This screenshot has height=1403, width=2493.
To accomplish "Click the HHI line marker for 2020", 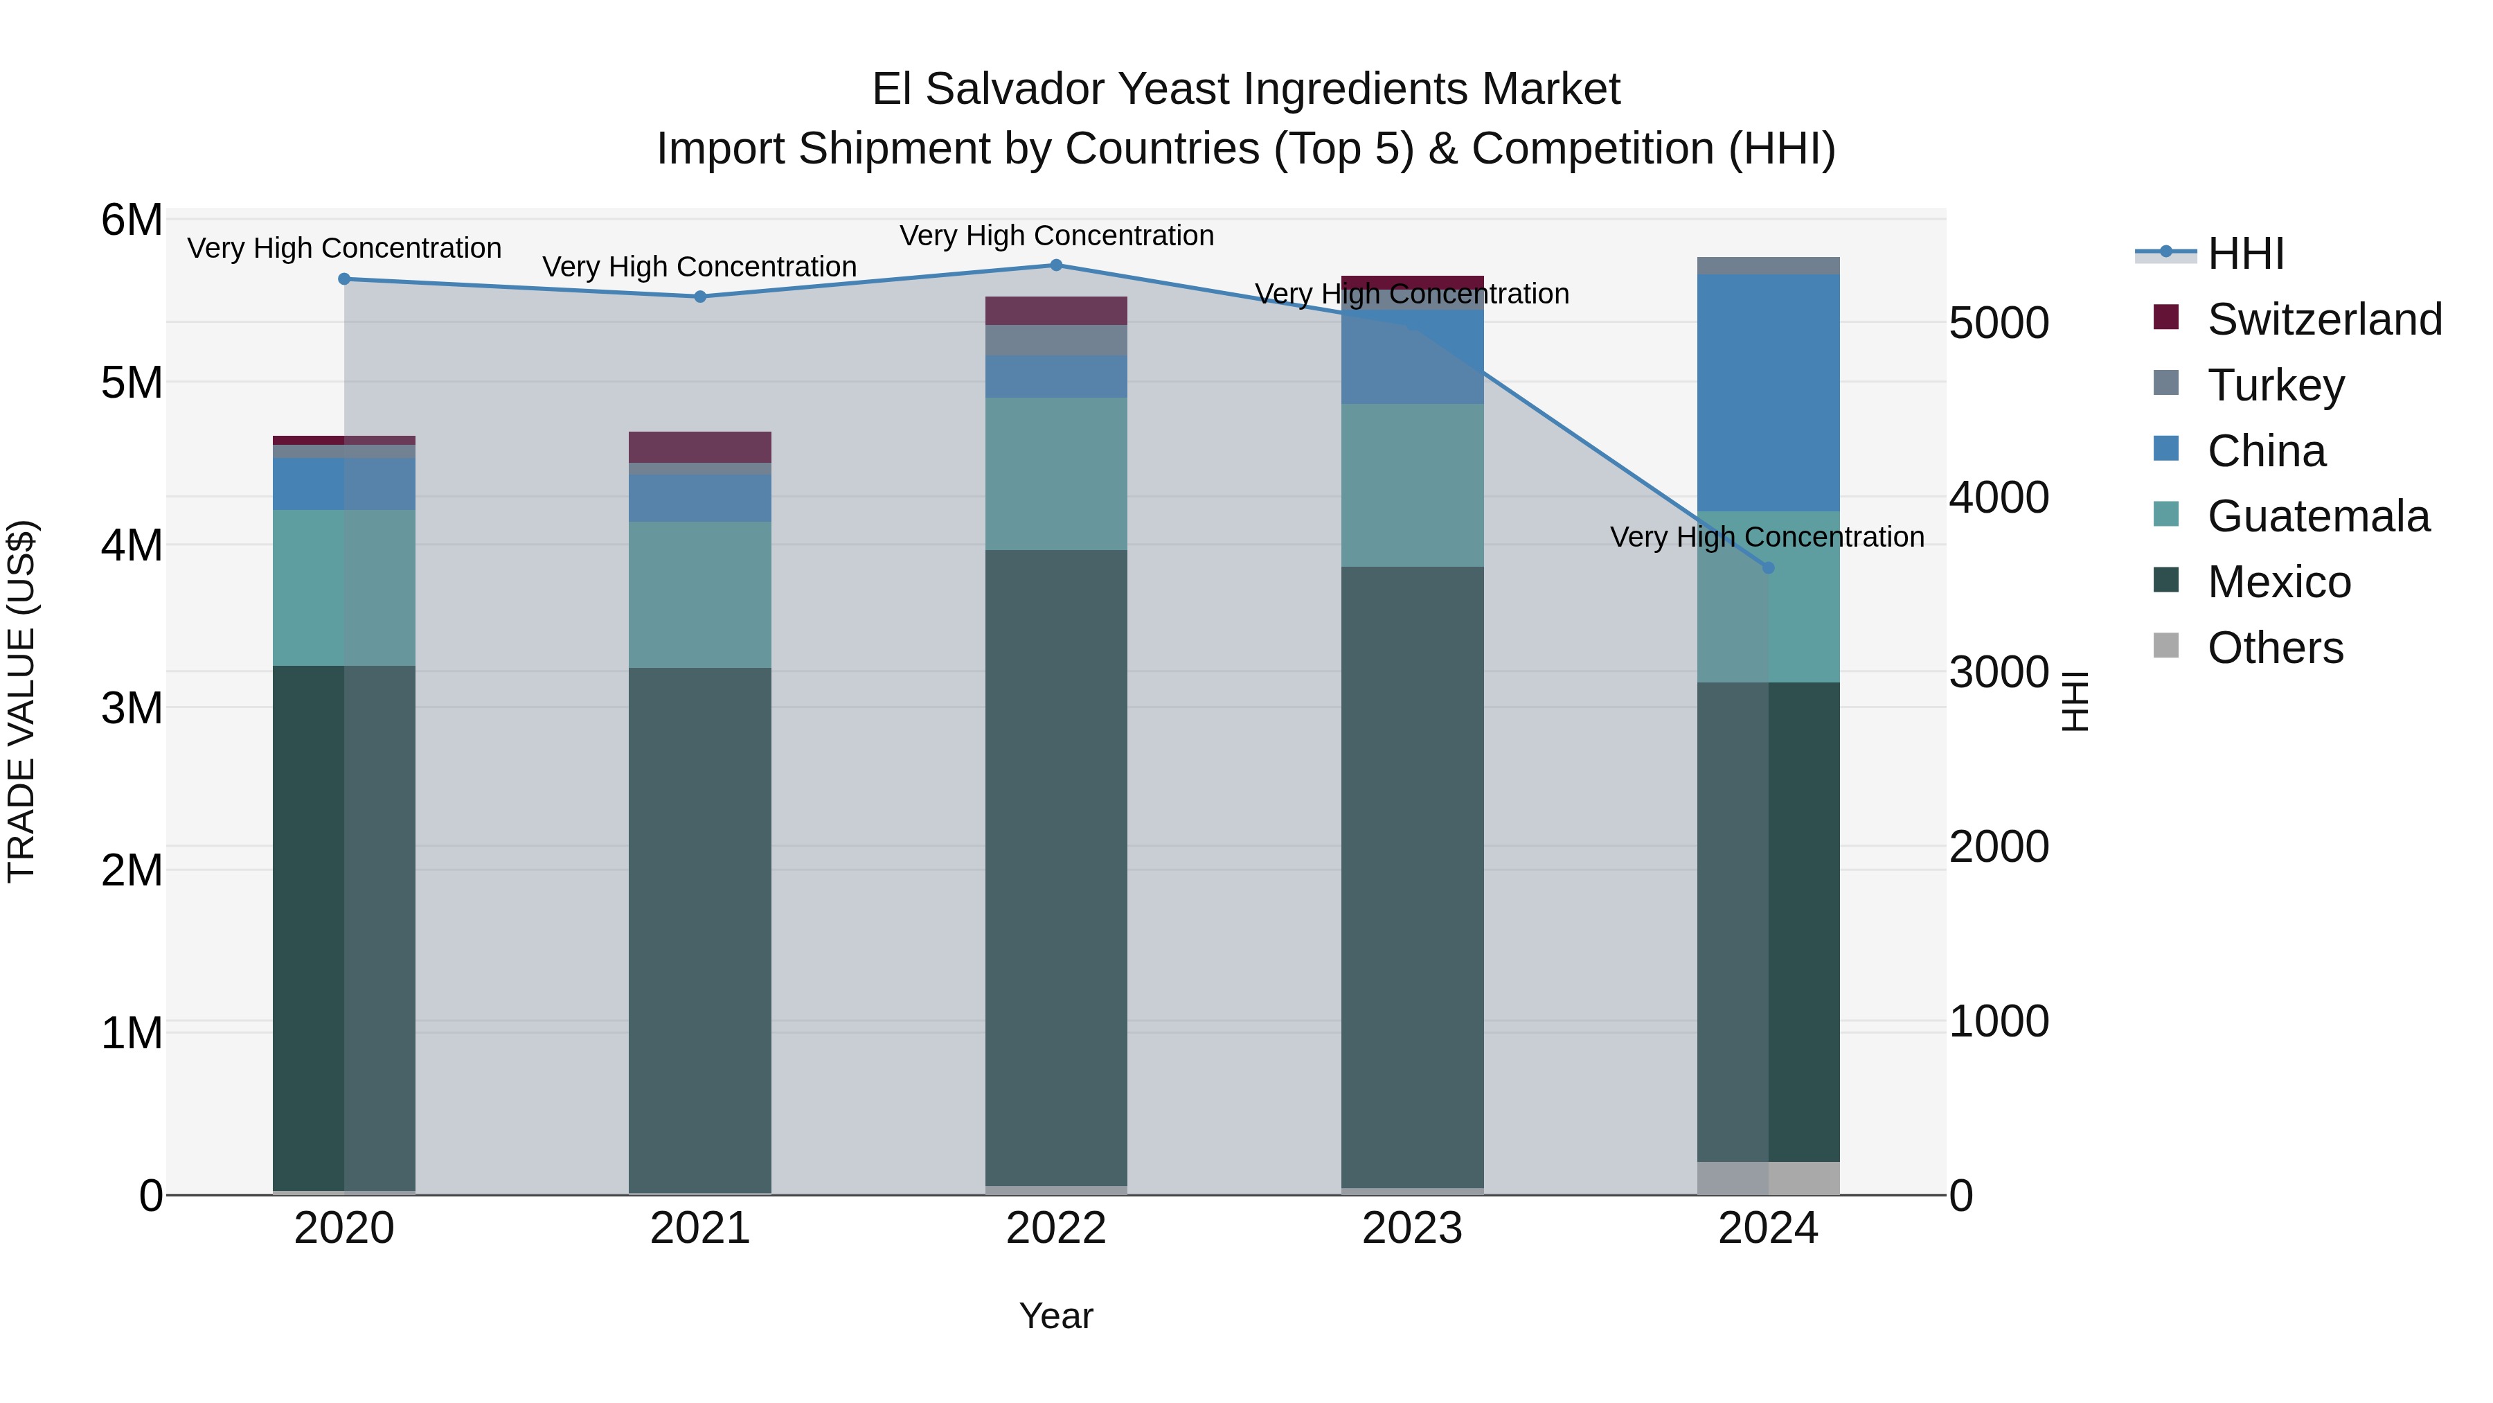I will click(x=345, y=279).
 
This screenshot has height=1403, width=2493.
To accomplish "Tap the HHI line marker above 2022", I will click(x=1056, y=265).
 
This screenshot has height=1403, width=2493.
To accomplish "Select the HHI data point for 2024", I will click(x=1768, y=567).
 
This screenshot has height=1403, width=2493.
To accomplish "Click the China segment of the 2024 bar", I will click(x=1768, y=392).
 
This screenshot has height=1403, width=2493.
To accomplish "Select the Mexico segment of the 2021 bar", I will click(x=699, y=930).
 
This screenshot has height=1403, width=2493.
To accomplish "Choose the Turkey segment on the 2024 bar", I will click(x=1768, y=265).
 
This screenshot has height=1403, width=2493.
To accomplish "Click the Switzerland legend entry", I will click(x=2323, y=319).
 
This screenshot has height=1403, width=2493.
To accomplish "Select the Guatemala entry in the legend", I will click(x=2318, y=516).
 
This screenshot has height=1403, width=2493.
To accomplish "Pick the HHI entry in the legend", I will click(x=2245, y=254).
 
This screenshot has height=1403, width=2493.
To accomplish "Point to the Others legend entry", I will click(x=2274, y=648).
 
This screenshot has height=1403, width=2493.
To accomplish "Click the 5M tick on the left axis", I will click(x=132, y=382).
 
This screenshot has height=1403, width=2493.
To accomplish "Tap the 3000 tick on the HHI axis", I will click(x=1999, y=672).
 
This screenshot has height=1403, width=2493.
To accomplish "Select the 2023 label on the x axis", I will click(x=1412, y=1228).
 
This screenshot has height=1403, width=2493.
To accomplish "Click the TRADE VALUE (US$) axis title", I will click(x=21, y=701).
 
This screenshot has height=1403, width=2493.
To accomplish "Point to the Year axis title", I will click(x=1056, y=1316).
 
